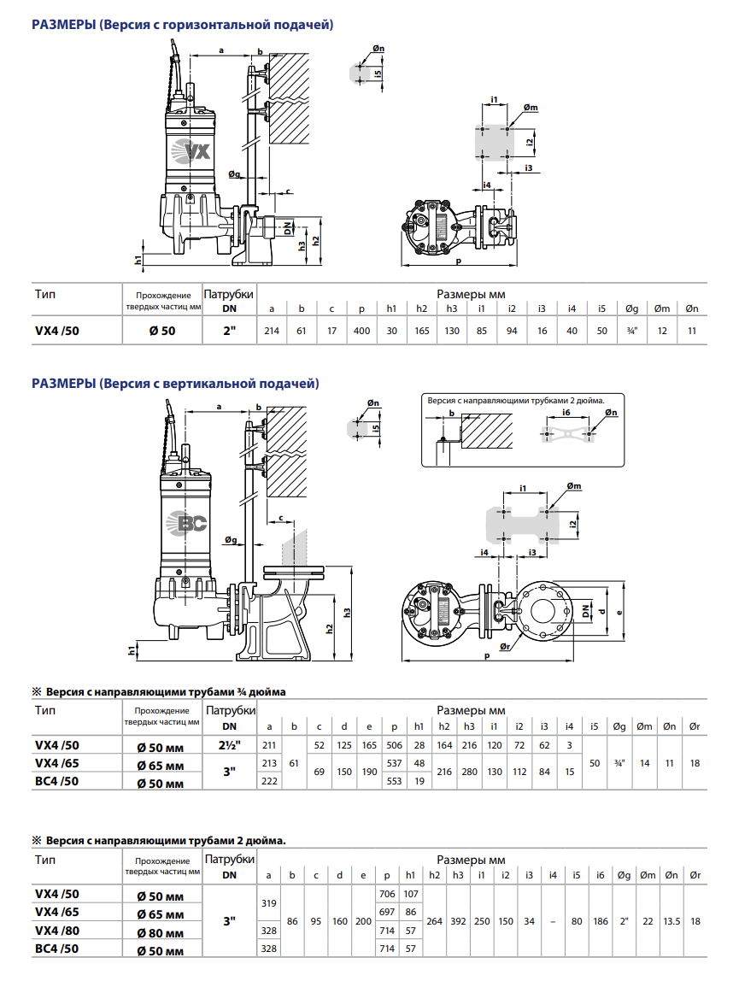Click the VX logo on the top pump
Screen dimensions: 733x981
point(191,150)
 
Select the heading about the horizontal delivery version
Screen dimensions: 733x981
point(183,25)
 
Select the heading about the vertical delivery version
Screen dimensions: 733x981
point(175,383)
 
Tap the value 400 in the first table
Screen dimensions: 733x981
point(361,331)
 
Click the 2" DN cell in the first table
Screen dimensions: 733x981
point(230,331)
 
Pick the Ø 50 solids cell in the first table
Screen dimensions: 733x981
point(162,331)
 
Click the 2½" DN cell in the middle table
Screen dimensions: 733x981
point(230,744)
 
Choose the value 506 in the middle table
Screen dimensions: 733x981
point(394,744)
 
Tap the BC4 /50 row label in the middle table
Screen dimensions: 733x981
point(57,781)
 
